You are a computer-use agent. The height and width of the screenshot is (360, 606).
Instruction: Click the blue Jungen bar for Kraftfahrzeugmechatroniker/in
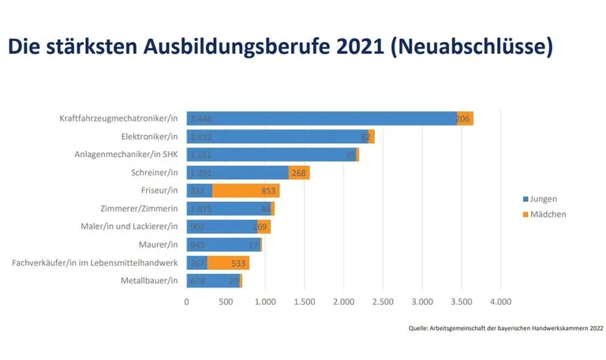pos(321,118)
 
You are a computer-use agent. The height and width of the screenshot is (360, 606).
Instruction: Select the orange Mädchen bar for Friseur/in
pos(245,191)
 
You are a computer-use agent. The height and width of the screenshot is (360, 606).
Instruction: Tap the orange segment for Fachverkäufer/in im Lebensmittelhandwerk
pos(228,263)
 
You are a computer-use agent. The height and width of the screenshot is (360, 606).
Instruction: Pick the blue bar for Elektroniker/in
pos(277,137)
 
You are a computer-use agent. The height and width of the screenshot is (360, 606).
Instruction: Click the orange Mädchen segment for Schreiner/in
pos(299,173)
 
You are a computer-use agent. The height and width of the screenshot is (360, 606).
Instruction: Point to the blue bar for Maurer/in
pos(223,245)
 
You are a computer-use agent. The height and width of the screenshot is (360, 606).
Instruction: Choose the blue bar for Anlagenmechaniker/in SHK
pos(271,155)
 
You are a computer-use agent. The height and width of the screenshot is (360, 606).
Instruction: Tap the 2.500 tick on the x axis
pos(383,301)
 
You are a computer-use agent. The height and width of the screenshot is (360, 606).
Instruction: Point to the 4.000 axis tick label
pos(500,301)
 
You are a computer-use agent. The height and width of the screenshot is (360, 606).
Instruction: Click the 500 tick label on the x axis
pos(226,301)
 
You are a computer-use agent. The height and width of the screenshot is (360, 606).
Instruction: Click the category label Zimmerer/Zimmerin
pos(140,209)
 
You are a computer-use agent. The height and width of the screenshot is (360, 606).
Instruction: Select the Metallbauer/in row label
pos(149,281)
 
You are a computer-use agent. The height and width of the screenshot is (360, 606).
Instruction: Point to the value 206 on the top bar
pos(464,118)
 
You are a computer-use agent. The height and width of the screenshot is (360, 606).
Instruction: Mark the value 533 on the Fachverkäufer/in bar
pos(238,263)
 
